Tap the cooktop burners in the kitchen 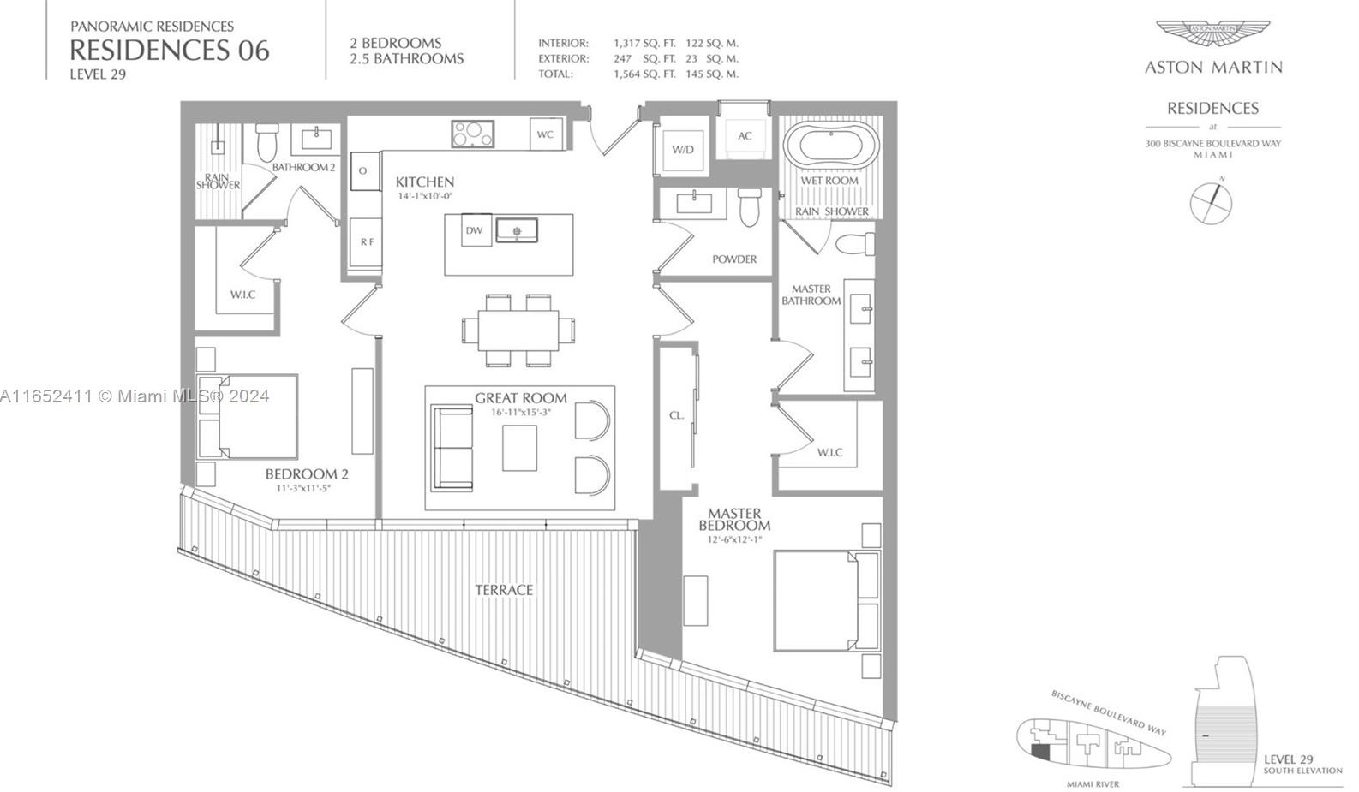pos(472,134)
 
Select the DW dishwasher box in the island pos(475,230)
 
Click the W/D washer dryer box pos(683,150)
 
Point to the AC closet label pos(745,136)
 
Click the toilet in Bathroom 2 pos(268,142)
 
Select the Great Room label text pos(520,398)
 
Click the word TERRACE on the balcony pos(504,590)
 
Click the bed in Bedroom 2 pos(248,417)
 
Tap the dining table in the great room pos(518,330)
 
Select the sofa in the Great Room pos(452,448)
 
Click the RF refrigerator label pos(367,242)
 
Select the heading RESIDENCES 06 pos(170,51)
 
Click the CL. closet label pos(677,415)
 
